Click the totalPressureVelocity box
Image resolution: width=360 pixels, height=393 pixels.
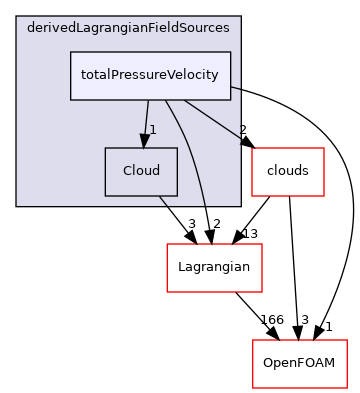[150, 76]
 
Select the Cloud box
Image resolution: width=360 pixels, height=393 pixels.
[141, 172]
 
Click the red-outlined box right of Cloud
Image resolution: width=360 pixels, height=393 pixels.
[287, 172]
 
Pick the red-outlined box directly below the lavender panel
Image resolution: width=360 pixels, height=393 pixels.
[214, 268]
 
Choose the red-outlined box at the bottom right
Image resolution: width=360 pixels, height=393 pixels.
[299, 364]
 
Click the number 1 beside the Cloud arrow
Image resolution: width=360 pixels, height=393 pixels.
[153, 129]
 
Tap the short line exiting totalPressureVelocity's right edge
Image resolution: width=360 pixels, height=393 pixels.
[236, 89]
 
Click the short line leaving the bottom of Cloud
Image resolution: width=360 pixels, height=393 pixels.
[162, 201]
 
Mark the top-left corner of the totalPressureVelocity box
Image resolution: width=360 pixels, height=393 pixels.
[70, 52]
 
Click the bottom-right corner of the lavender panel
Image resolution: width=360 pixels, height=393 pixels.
[240, 205]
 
